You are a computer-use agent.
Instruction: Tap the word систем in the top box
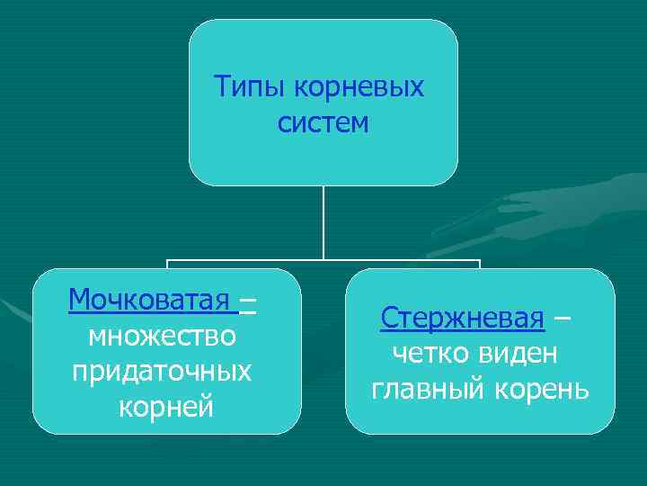(x=323, y=122)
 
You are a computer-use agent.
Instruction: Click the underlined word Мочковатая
(x=149, y=299)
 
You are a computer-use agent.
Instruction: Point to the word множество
(x=164, y=336)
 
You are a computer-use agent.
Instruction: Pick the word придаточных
(x=164, y=372)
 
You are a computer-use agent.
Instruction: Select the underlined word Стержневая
(x=462, y=318)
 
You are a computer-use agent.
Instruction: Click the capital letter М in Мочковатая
(x=78, y=299)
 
